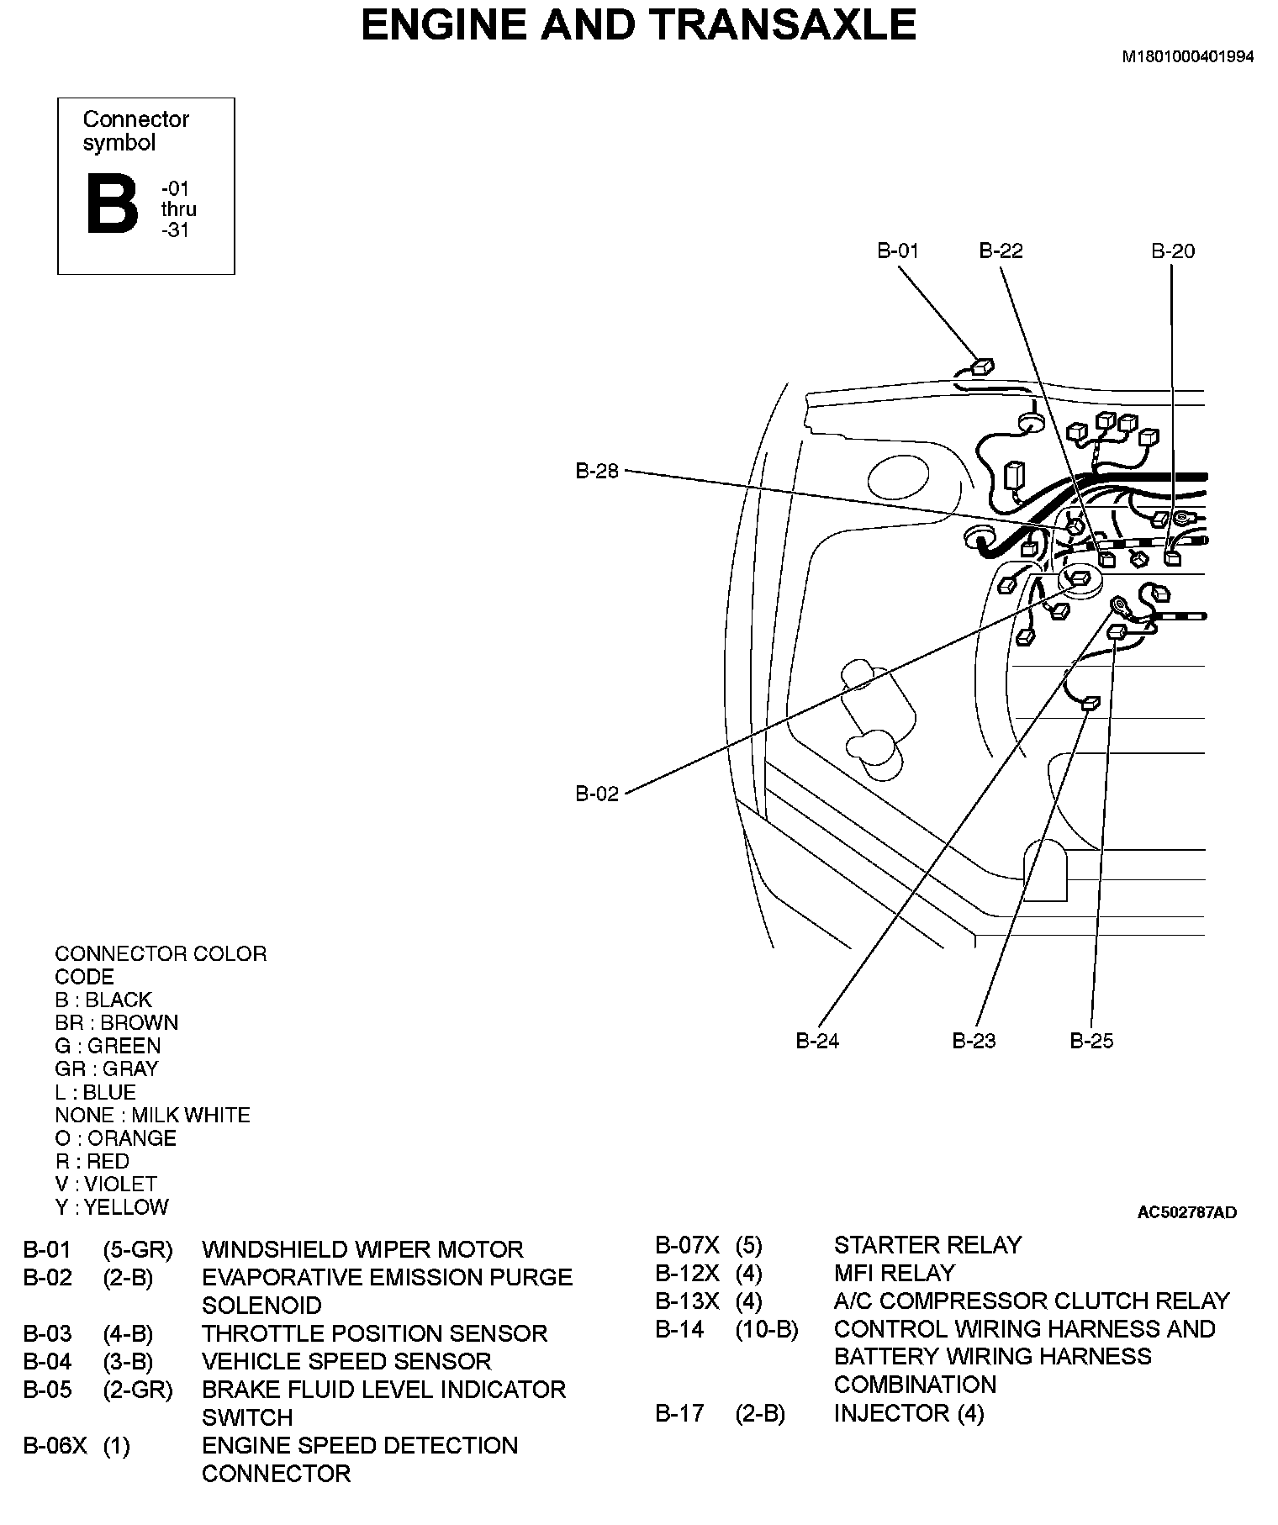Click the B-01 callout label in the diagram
(898, 251)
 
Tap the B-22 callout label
(1001, 251)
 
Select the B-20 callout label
(1172, 251)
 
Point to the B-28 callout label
(597, 472)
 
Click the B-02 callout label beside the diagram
(597, 794)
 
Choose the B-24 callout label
(817, 1041)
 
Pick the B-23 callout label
(974, 1041)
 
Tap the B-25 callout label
(1091, 1041)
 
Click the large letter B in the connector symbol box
(112, 204)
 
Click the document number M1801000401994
(1188, 57)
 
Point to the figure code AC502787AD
(1186, 1212)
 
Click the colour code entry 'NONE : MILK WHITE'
(152, 1116)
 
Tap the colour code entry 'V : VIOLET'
(106, 1185)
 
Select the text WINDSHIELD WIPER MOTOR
(362, 1249)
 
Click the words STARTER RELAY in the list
(927, 1245)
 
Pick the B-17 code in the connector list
(679, 1413)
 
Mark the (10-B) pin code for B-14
(767, 1329)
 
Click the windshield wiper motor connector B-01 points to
(981, 367)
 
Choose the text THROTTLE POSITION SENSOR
(374, 1333)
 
